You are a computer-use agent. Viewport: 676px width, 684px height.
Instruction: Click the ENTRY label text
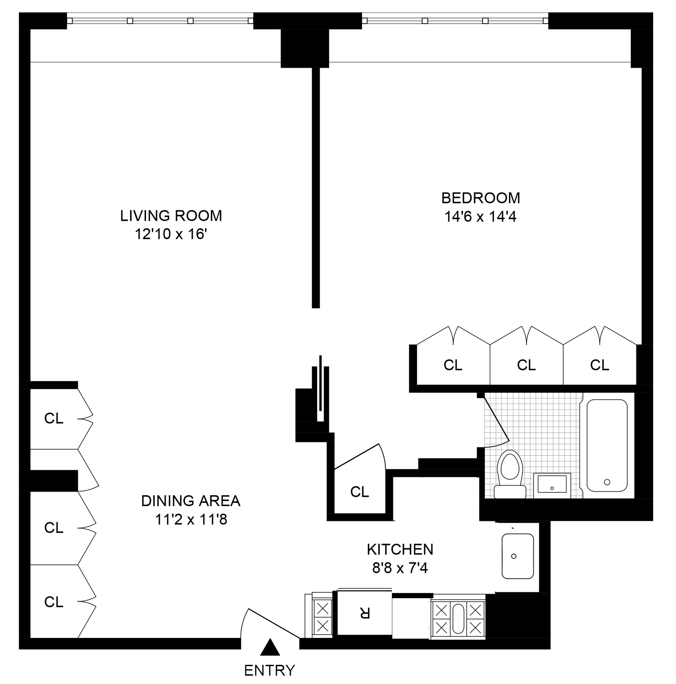point(269,670)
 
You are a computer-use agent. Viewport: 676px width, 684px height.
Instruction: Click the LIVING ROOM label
point(171,216)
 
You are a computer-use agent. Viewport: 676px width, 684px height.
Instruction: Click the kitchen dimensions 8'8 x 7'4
point(400,568)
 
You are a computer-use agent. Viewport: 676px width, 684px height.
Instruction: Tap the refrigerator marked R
point(365,612)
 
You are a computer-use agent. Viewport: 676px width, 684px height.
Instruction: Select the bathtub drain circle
point(607,482)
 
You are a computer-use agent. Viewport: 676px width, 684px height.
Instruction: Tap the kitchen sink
point(518,556)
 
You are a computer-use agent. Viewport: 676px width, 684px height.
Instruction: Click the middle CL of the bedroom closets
point(526,365)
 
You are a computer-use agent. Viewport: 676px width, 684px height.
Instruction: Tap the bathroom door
point(496,419)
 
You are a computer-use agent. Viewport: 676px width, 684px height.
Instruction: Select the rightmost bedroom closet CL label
point(599,365)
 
